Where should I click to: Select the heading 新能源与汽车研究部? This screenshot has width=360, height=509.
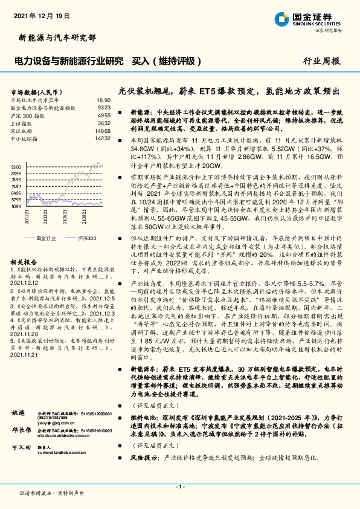pos(54,37)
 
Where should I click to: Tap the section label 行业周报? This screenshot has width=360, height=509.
pos(322,61)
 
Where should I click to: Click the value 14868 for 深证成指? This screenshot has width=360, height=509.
pos(102,130)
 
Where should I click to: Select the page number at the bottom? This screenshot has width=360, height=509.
pos(179,487)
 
